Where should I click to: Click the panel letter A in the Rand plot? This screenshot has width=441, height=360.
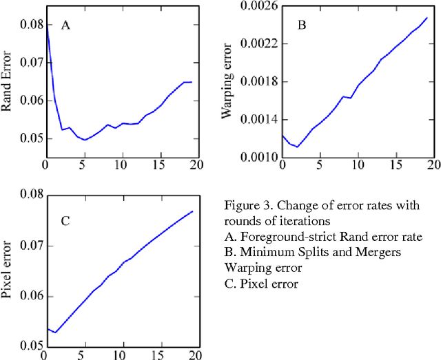(66, 25)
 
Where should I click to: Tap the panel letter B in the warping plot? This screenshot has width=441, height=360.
(301, 25)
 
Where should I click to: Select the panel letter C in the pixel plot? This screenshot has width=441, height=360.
(65, 221)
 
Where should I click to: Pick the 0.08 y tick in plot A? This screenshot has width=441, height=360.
(30, 25)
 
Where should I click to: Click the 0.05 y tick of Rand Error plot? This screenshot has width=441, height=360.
(30, 138)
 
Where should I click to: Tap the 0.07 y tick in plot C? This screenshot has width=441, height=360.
(30, 245)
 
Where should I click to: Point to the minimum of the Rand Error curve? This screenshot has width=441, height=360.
(85, 140)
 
